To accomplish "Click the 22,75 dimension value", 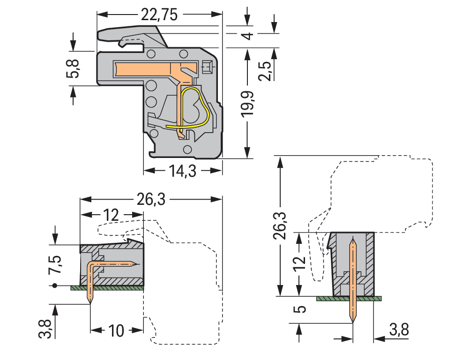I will (x=159, y=15).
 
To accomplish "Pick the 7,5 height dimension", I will (x=56, y=265).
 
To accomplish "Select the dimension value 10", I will (x=116, y=331).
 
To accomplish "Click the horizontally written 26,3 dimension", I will (x=151, y=200).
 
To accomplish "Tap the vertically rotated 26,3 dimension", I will (x=281, y=225).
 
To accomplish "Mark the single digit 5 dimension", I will (x=302, y=309).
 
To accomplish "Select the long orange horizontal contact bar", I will (x=145, y=69).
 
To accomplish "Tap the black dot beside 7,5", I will (x=55, y=285).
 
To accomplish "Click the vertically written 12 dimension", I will (x=302, y=264).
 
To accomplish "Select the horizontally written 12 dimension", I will (x=111, y=216).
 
